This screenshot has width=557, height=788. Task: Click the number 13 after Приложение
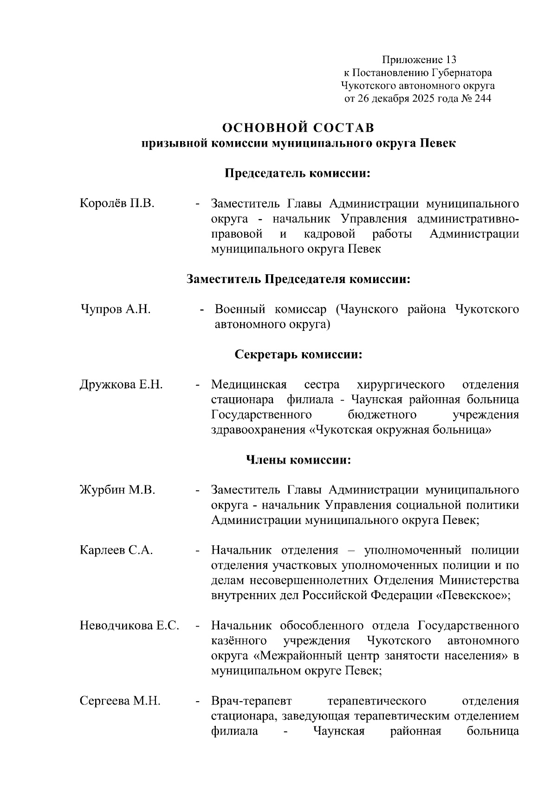pos(451,60)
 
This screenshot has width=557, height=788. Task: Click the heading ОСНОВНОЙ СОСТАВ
pos(298,127)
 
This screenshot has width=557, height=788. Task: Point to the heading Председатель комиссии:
pos(298,174)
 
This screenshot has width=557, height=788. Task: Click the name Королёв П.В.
pos(117,204)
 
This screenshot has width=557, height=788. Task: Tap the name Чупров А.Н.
pos(116,310)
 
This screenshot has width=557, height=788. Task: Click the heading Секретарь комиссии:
pos(298,355)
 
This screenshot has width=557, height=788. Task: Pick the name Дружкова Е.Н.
pos(121,385)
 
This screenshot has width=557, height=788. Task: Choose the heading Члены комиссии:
pos(298,460)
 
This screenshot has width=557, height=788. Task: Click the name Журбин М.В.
pos(117,490)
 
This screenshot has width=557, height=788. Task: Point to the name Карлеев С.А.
pos(117,550)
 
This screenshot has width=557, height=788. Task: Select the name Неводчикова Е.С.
pos(130,626)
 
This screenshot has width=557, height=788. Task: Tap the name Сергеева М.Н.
pos(120,701)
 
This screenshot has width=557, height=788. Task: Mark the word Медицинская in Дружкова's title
pos(249,385)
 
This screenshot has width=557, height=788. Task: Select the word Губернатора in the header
pos(462,73)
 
